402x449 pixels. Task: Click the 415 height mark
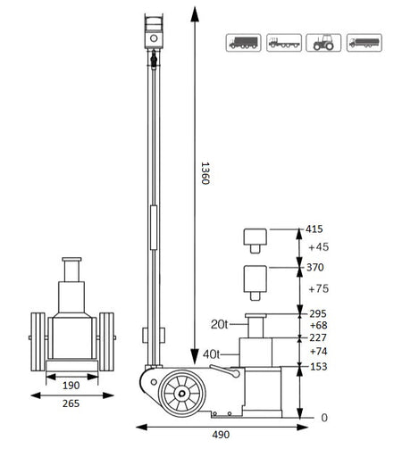pos(315,229)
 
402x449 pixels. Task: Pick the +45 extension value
pos(318,247)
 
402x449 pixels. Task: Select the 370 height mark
pos(315,267)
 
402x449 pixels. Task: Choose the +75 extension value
pos(318,289)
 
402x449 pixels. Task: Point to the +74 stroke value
pos(318,352)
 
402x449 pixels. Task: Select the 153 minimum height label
pos(317,367)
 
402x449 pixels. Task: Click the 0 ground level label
pos(324,417)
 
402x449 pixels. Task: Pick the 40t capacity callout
pos(212,354)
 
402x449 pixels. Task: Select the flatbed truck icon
pos(281,41)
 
